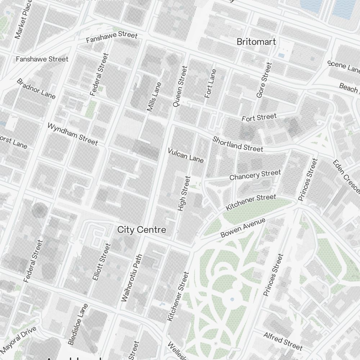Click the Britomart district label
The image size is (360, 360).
256,42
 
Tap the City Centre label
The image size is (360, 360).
142,230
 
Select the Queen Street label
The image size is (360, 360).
180,86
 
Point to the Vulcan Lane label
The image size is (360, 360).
186,155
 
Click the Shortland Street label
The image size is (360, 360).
238,144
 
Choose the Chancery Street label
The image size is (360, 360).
255,175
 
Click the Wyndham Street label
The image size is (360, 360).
72,134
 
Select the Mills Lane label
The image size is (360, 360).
154,96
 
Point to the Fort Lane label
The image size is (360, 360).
210,84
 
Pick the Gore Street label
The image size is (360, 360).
264,80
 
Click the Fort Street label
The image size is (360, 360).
259,117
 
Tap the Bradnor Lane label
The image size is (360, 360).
36,89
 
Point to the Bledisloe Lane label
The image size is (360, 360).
78,324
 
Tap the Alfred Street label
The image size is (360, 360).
283,341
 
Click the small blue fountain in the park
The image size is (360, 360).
232,299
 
